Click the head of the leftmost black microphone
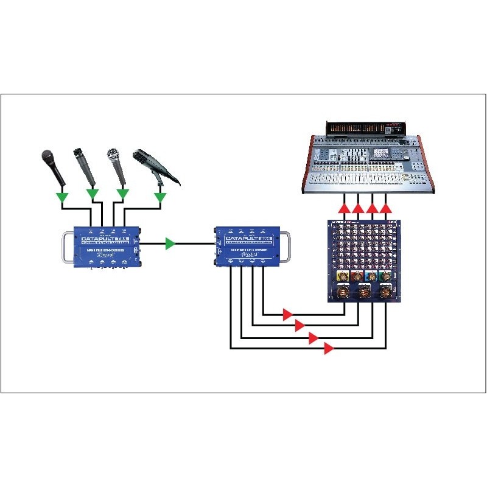pyautogui.click(x=47, y=157)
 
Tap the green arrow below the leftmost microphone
pyautogui.click(x=61, y=197)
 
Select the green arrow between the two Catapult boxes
pyautogui.click(x=171, y=243)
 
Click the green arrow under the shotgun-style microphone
pyautogui.click(x=161, y=197)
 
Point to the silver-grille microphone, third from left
pyautogui.click(x=113, y=156)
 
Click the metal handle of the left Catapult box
pyautogui.click(x=65, y=250)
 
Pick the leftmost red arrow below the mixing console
pyautogui.click(x=345, y=209)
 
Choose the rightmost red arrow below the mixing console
pyautogui.click(x=385, y=209)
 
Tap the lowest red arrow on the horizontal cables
pyautogui.click(x=329, y=348)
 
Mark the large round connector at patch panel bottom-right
pyautogui.click(x=384, y=292)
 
